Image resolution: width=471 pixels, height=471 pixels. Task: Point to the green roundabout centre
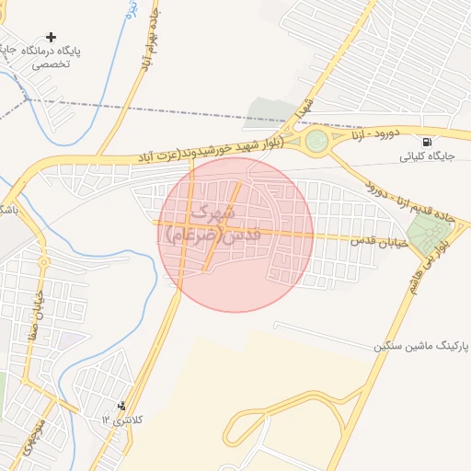(317, 142)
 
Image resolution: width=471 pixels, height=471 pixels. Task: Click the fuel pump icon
(428, 142)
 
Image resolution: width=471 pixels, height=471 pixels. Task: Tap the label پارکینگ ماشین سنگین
(420, 347)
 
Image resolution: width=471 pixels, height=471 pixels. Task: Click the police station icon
(122, 405)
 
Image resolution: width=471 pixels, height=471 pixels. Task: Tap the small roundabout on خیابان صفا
(43, 261)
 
